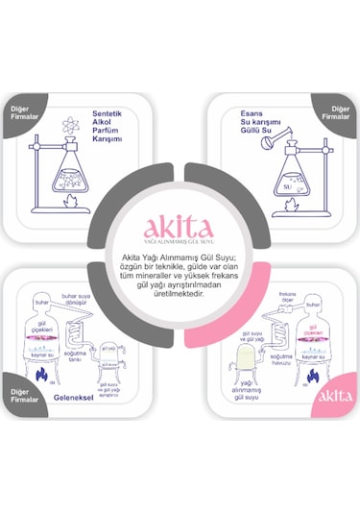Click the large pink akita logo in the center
[x=180, y=229]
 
